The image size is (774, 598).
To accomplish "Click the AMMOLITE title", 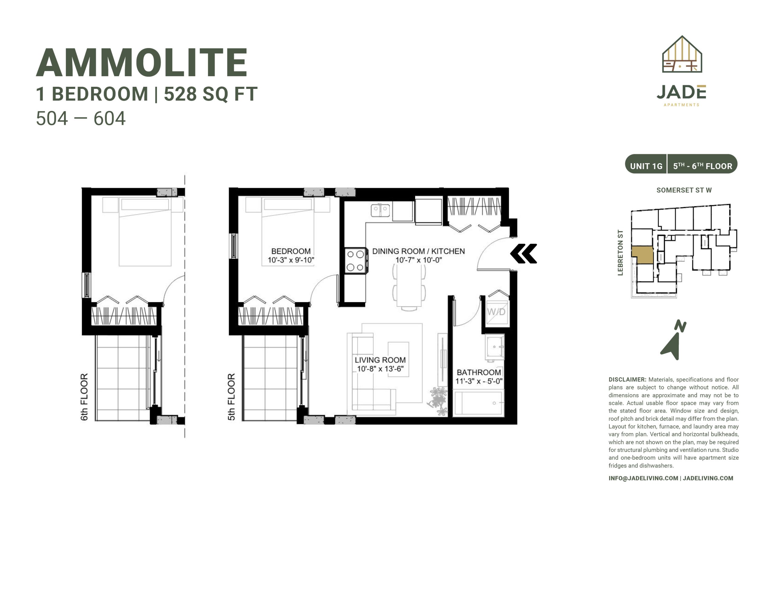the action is pyautogui.click(x=141, y=63).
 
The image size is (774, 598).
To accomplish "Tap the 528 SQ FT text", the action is pyautogui.click(x=210, y=94).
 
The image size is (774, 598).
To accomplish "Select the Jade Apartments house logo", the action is pyautogui.click(x=682, y=54).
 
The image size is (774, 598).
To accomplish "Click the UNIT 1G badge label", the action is pyautogui.click(x=646, y=166).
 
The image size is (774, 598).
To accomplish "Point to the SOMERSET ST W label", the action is pyautogui.click(x=684, y=190).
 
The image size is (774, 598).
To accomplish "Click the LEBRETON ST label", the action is pyautogui.click(x=620, y=252).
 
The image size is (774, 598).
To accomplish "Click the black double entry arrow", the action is pyautogui.click(x=523, y=253).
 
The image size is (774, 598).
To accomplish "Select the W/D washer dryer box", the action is pyautogui.click(x=496, y=312).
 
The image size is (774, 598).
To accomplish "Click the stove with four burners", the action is pyautogui.click(x=356, y=261).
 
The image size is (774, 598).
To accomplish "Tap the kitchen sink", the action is pyautogui.click(x=380, y=210).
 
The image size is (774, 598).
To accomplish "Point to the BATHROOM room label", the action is pyautogui.click(x=479, y=372).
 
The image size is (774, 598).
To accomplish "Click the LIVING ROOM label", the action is pyautogui.click(x=380, y=360).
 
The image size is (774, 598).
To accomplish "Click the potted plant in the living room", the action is pyautogui.click(x=438, y=401).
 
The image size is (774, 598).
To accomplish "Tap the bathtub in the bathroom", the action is pyautogui.click(x=478, y=403).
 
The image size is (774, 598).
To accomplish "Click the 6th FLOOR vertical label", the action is pyautogui.click(x=84, y=397).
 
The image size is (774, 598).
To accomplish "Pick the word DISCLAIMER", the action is pyautogui.click(x=627, y=380).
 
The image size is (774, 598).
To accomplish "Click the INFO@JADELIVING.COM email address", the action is pyautogui.click(x=643, y=478).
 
